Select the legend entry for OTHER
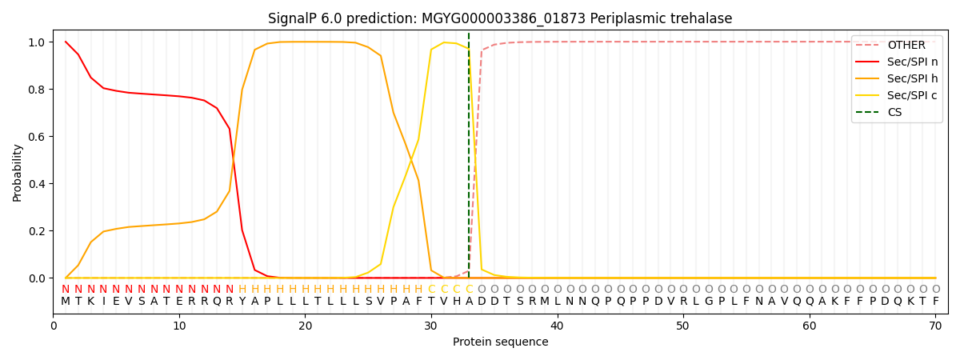tap(906, 46)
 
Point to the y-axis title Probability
tap(18, 172)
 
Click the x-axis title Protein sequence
tap(500, 342)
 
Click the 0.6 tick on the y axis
tap(37, 136)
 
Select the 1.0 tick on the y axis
tap(37, 42)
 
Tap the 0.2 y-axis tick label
tap(37, 231)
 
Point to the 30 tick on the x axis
tap(431, 326)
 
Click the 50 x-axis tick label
tap(683, 326)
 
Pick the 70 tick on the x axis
tap(935, 326)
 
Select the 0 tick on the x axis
tap(54, 326)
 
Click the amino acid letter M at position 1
tap(66, 302)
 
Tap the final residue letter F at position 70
tap(935, 302)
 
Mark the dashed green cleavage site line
tap(469, 160)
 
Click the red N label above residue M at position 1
tap(66, 290)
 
